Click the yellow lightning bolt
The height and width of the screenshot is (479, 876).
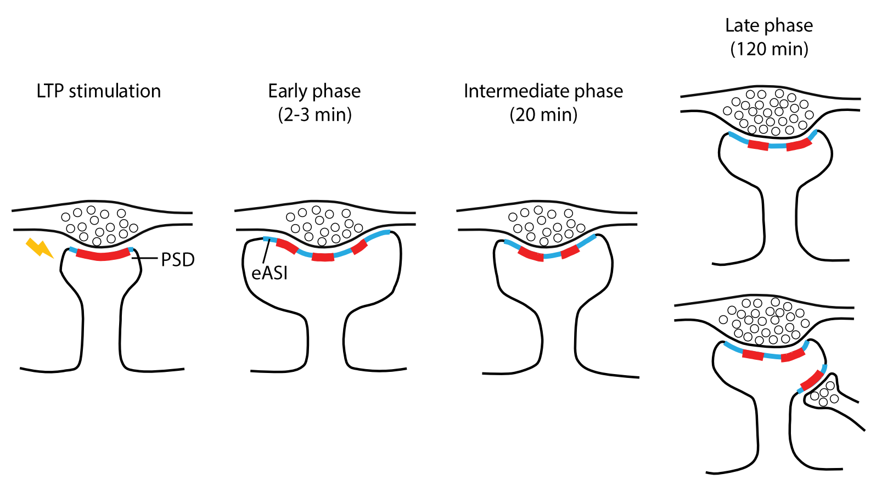tap(39, 248)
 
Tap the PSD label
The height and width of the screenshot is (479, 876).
tap(178, 260)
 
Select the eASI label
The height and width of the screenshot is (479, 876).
tap(269, 273)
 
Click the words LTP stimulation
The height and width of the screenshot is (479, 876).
tap(99, 91)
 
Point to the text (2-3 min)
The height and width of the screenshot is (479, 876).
tap(315, 115)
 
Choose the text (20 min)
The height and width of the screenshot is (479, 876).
tap(543, 115)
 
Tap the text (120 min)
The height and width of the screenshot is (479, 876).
tap(769, 49)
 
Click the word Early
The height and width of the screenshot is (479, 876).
tap(288, 91)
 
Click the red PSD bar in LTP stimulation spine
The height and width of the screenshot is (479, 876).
tap(103, 255)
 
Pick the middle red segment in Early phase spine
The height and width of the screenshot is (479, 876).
tap(323, 257)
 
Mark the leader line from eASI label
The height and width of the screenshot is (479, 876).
tap(266, 252)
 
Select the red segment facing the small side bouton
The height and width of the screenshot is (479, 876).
tap(811, 379)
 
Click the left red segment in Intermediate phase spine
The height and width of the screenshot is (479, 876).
tap(530, 254)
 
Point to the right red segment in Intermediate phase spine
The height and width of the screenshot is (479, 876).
tap(570, 252)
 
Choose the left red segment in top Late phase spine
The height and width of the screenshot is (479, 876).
tap(758, 146)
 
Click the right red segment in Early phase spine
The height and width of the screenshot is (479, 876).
tap(359, 247)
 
